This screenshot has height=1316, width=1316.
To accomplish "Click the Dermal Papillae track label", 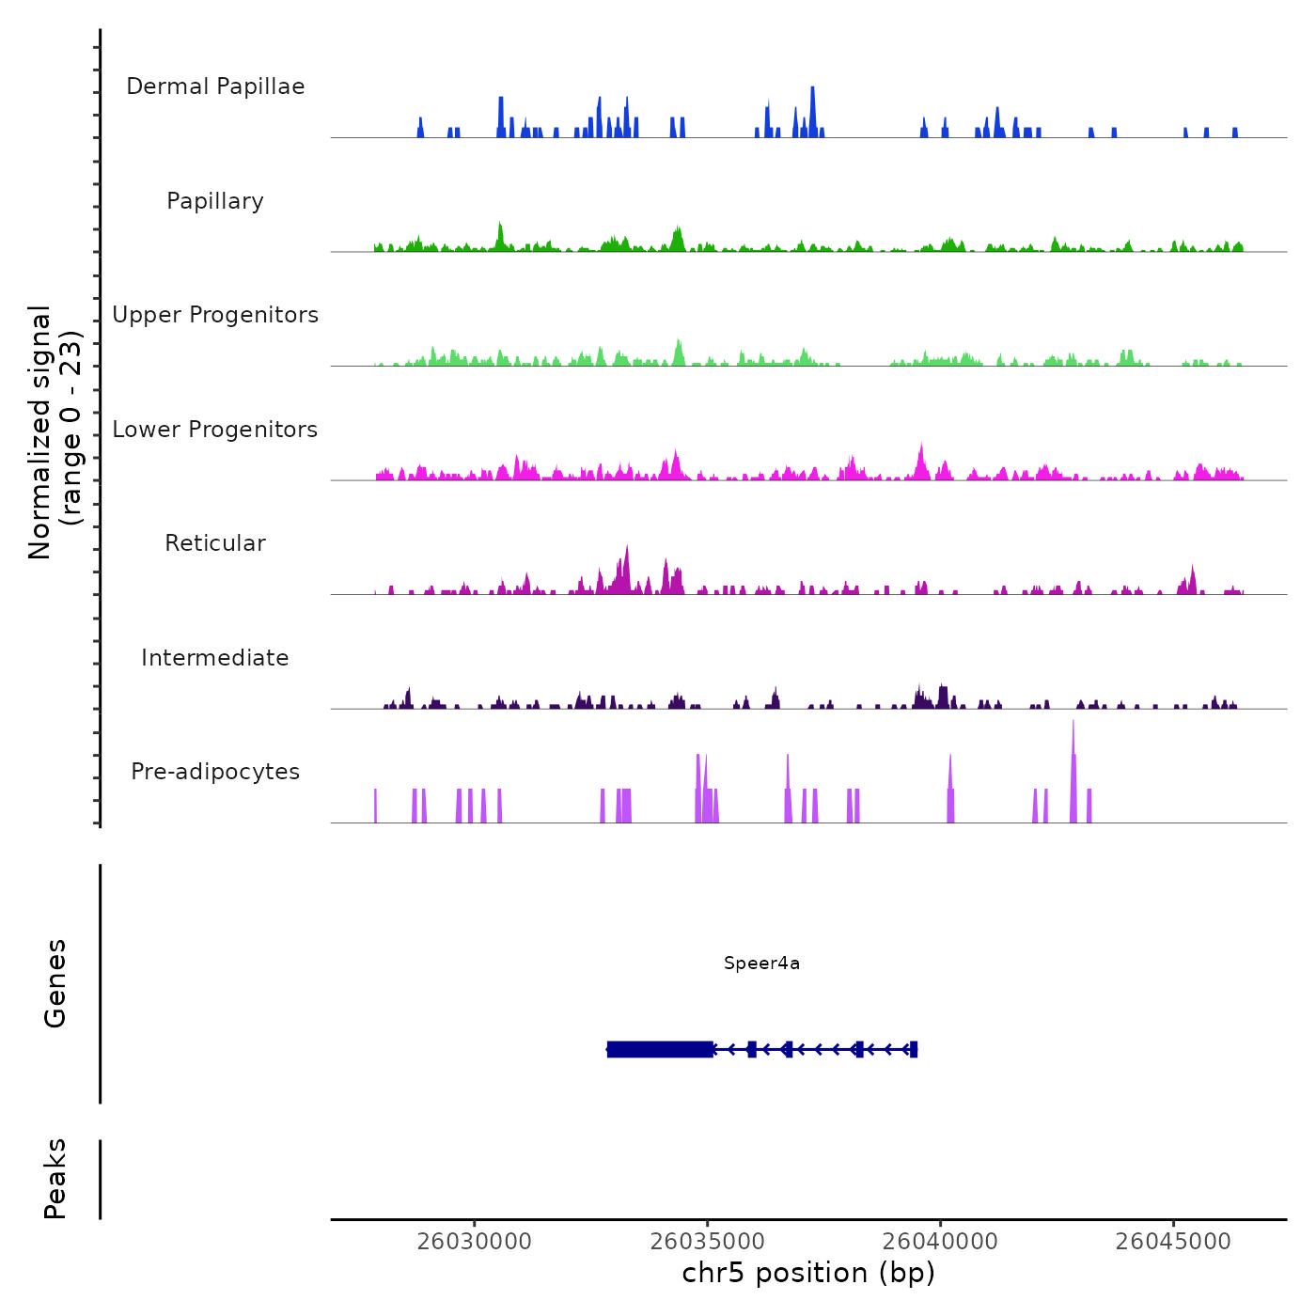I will point(215,86).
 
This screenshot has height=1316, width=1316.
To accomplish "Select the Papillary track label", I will point(215,201).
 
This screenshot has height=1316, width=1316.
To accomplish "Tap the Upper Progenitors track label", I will point(215,315).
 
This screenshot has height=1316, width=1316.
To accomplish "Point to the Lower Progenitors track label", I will point(215,430).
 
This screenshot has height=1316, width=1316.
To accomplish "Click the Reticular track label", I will point(215,543).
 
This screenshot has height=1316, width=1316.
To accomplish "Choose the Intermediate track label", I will point(215,658).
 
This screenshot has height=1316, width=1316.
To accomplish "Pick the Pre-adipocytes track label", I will point(215,772).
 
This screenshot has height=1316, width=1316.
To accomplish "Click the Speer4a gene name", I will point(761,963).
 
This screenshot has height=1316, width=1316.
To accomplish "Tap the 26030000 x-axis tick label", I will point(475,1242).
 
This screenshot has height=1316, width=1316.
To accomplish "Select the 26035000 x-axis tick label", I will point(708,1242).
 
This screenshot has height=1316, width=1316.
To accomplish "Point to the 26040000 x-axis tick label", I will point(940,1242).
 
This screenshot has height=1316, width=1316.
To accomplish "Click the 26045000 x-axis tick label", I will point(1173,1242).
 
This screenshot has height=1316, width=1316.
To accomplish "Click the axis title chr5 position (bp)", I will point(808,1273).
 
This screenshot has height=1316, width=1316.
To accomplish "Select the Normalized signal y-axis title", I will point(55,431).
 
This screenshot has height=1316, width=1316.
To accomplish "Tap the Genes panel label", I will point(55,983).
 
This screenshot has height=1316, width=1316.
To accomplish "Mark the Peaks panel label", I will point(55,1179).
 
